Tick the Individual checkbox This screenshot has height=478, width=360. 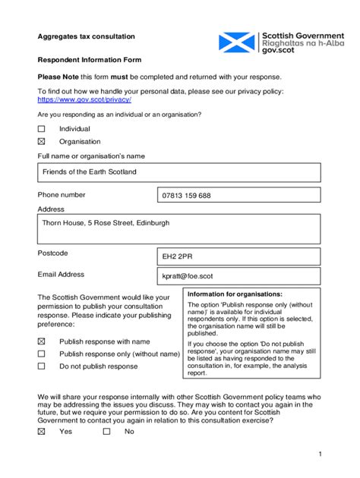(42, 129)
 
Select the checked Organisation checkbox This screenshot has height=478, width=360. (42, 141)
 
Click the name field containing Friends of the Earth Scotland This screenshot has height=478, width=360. (178, 172)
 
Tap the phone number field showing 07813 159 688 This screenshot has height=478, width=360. (238, 196)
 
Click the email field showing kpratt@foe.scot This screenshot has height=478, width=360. (238, 278)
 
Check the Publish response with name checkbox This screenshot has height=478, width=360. (42, 341)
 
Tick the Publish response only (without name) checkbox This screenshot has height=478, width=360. (42, 354)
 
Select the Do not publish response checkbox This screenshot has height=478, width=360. (42, 366)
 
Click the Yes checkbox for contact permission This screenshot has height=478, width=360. (42, 431)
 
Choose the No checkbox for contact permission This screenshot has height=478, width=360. (107, 431)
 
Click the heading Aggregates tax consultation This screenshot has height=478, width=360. (87, 36)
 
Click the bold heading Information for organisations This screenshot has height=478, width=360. (235, 294)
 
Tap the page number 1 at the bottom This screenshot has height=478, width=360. (321, 454)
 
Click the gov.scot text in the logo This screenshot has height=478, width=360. (278, 51)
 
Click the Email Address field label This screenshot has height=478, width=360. (61, 275)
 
